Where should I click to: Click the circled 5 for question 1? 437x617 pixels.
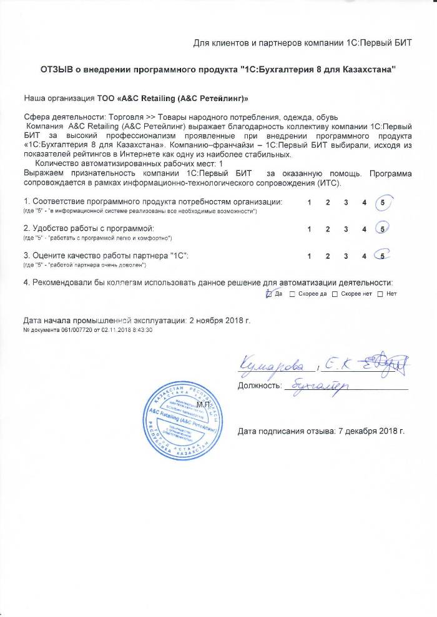click(383, 203)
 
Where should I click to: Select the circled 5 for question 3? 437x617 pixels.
click(382, 256)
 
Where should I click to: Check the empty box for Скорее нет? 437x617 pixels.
click(335, 294)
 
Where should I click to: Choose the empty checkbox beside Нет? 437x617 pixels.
click(380, 294)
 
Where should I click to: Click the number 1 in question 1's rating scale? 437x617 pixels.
click(310, 203)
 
